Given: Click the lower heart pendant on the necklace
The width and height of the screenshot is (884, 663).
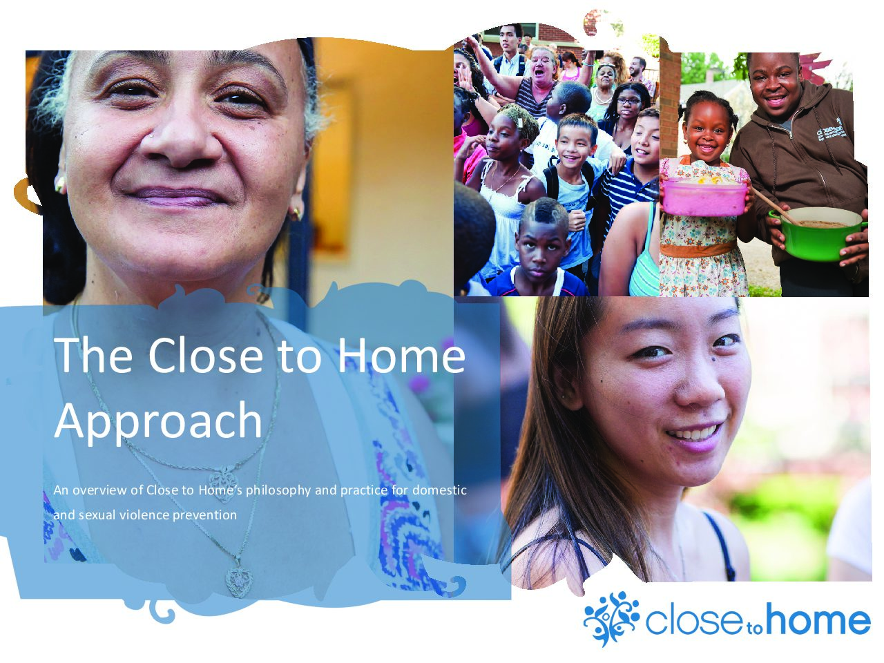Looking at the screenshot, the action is point(240,582).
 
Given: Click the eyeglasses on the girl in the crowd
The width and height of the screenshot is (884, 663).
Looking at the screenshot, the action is point(628,101).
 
